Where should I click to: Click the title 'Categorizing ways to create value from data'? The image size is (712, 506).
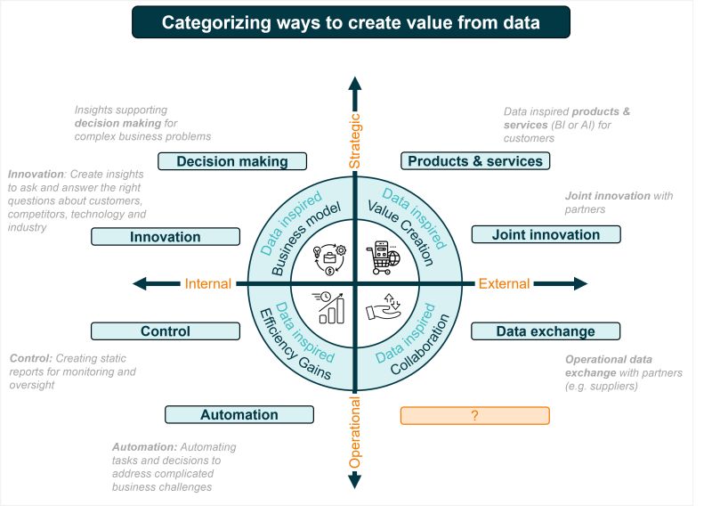tap(351, 21)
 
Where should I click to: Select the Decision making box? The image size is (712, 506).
tap(232, 161)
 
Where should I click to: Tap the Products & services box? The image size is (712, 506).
tap(474, 161)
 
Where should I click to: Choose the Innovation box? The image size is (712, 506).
tap(166, 237)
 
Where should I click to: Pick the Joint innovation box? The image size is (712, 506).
tap(545, 235)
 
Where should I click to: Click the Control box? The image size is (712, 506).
tap(166, 331)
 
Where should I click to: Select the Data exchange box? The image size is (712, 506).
tap(545, 331)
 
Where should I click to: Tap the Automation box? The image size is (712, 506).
tap(239, 414)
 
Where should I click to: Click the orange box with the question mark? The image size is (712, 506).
tap(474, 415)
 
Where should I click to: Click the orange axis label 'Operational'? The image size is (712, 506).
tap(355, 434)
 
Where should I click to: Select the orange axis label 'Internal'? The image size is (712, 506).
tap(207, 284)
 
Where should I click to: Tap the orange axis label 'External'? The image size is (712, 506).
tap(505, 284)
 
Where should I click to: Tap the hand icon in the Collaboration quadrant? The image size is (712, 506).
tap(384, 307)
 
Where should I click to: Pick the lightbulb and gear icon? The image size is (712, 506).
tap(328, 258)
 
